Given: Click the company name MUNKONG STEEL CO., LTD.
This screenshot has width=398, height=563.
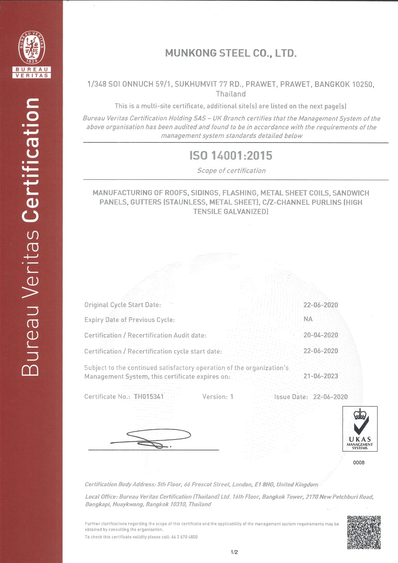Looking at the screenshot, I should pos(231,53).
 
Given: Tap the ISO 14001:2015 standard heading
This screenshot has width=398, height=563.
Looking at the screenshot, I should pos(231,156).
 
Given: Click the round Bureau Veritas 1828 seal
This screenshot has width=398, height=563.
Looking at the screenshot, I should pos(31,48).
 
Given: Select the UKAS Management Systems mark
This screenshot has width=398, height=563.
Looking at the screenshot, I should pos(359,429).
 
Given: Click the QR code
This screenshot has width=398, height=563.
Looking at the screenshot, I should pos(364,532).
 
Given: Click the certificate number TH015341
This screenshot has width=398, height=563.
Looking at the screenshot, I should pos(149,397).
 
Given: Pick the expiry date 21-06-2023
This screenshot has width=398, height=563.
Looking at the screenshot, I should pos(321,376).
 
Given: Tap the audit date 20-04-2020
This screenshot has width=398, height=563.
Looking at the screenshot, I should pos(321,335).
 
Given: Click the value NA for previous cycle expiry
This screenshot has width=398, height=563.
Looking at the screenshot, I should pos(308,319).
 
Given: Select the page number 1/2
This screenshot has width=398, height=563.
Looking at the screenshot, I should pos(234,552).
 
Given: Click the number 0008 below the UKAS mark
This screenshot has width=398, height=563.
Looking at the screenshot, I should pos(359,463).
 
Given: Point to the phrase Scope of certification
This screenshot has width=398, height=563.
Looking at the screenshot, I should pos(231,171).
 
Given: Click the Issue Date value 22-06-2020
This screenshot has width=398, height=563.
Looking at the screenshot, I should pos(330,397).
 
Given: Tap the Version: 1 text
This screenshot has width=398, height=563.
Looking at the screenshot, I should pos(218,397).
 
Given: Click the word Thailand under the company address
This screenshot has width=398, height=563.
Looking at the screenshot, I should pos(231,94).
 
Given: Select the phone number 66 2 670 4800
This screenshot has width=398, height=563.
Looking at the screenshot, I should pos(184,537).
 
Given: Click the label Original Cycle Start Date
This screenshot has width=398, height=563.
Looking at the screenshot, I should pos(123,305).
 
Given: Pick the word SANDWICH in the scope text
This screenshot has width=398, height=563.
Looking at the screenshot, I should pos(351,193).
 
